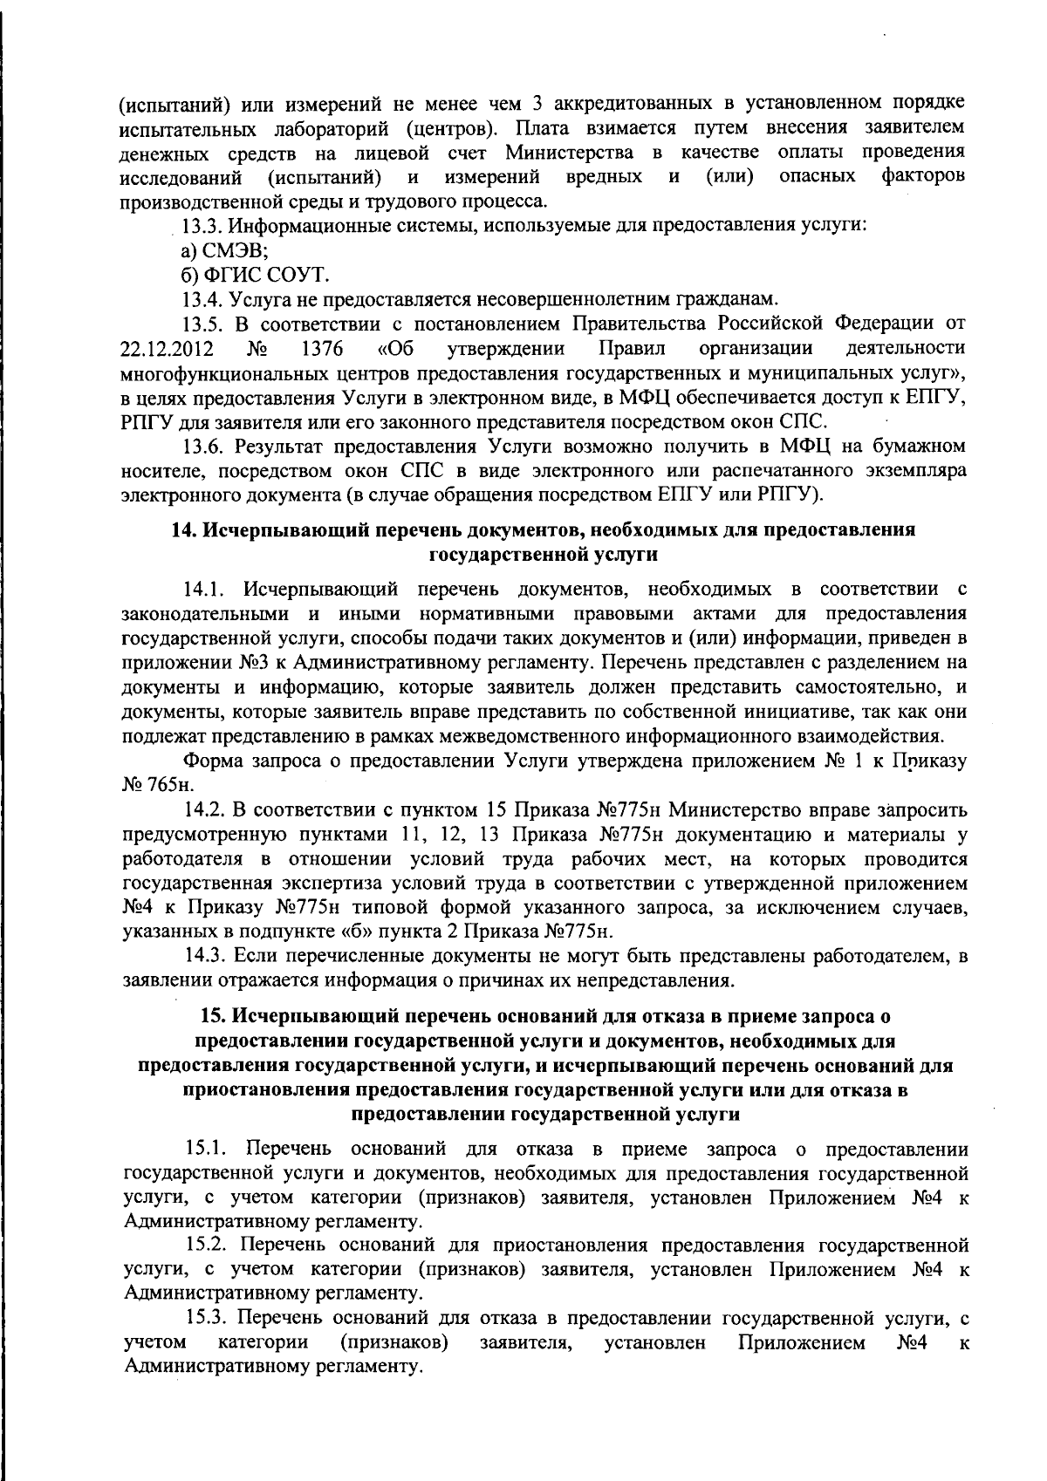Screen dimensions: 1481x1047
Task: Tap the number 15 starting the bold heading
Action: click(210, 1016)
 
